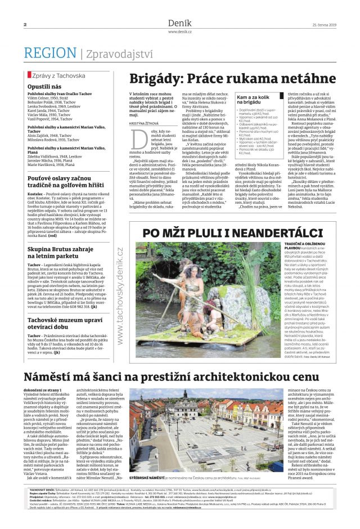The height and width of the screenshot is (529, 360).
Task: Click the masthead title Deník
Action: pyautogui.click(x=179, y=23)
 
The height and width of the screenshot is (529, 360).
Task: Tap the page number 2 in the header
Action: pyautogui.click(x=26, y=25)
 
